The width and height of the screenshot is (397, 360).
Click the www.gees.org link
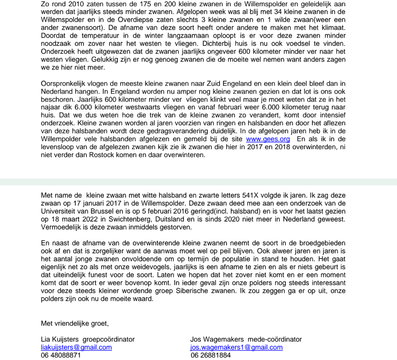(268, 139)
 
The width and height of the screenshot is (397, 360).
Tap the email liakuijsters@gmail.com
(76, 347)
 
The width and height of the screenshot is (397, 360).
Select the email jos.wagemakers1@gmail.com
(236, 347)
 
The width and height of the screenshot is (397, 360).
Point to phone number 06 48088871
(61, 355)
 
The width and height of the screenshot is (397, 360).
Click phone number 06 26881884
(211, 355)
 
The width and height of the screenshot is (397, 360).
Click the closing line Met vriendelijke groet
(74, 323)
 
